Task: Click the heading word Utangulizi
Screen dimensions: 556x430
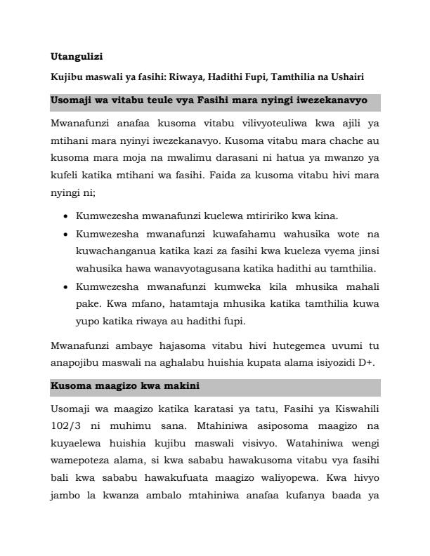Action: tap(77, 55)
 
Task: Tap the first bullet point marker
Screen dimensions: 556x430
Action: tap(65, 216)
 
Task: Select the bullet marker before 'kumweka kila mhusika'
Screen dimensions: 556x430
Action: tap(65, 288)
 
